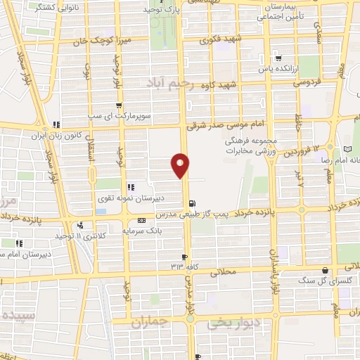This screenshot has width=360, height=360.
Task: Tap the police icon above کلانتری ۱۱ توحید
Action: point(81,226)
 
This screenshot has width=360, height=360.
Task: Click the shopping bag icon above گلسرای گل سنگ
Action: point(325,270)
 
